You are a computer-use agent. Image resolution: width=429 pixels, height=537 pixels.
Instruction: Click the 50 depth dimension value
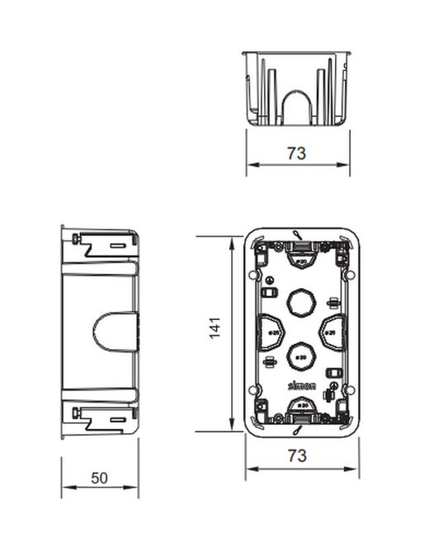pyautogui.click(x=99, y=478)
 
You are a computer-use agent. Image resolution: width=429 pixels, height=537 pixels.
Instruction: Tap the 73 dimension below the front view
pyautogui.click(x=298, y=455)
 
